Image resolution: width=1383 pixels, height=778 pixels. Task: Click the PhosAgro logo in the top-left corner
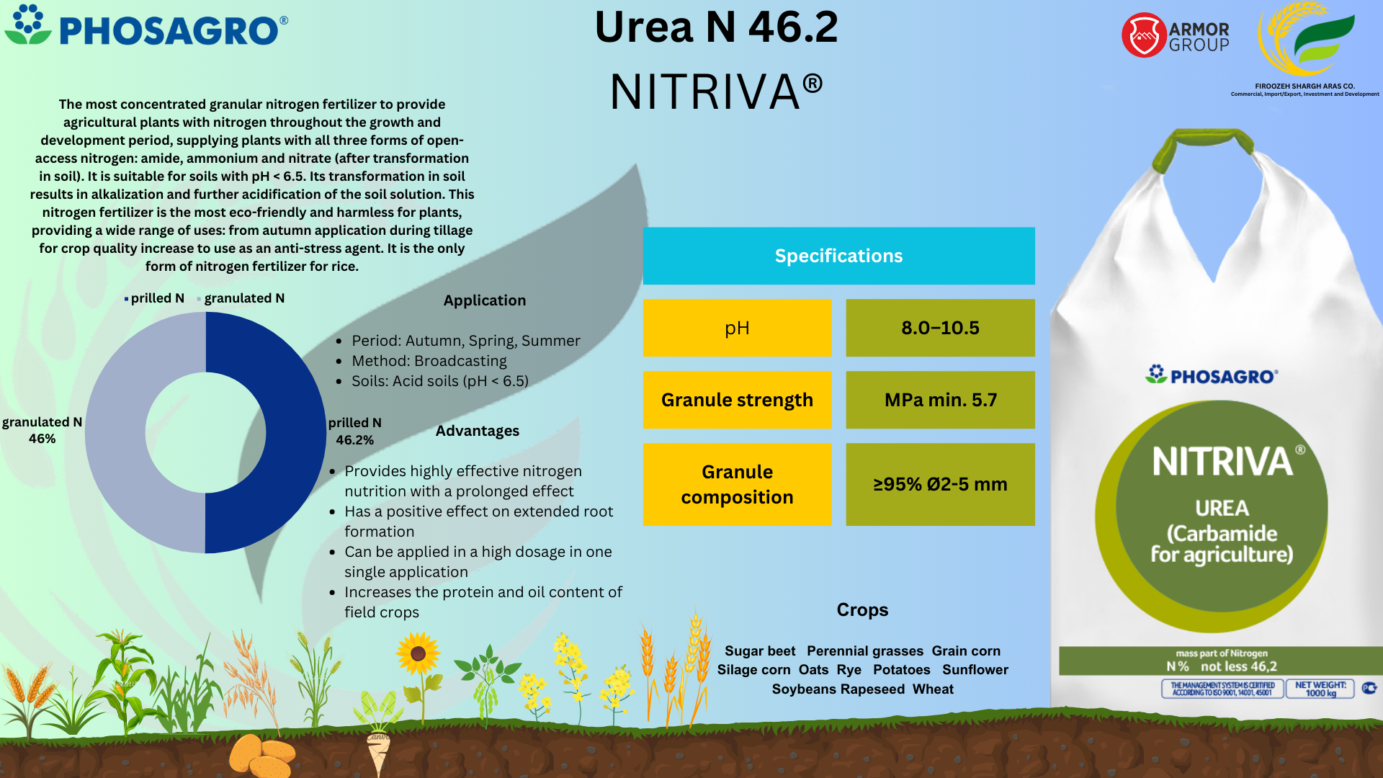click(146, 27)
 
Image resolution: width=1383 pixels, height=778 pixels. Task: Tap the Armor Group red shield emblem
click(1144, 35)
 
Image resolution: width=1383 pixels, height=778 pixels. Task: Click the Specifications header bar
click(838, 256)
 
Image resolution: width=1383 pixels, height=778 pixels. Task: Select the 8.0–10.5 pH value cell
click(940, 328)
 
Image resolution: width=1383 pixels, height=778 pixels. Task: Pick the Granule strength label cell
click(737, 400)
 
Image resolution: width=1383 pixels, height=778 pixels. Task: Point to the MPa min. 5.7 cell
click(940, 400)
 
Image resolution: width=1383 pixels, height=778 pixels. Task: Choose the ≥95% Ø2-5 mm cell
click(940, 484)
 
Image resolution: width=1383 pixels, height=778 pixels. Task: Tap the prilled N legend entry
click(155, 298)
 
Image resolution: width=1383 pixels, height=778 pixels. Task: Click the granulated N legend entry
click(242, 298)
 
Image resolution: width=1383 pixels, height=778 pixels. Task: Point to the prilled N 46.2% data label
click(354, 431)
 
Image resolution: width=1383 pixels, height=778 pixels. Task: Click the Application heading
click(484, 300)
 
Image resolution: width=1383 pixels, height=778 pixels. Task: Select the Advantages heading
click(477, 431)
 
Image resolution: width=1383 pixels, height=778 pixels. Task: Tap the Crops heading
click(862, 610)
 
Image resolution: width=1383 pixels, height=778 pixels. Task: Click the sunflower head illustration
click(418, 653)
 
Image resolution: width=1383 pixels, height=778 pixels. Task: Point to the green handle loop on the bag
click(1204, 140)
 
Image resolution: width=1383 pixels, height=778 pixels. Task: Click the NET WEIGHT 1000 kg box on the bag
click(1320, 689)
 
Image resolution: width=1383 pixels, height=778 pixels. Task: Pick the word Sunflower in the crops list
click(975, 670)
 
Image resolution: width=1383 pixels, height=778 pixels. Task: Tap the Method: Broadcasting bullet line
click(429, 361)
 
